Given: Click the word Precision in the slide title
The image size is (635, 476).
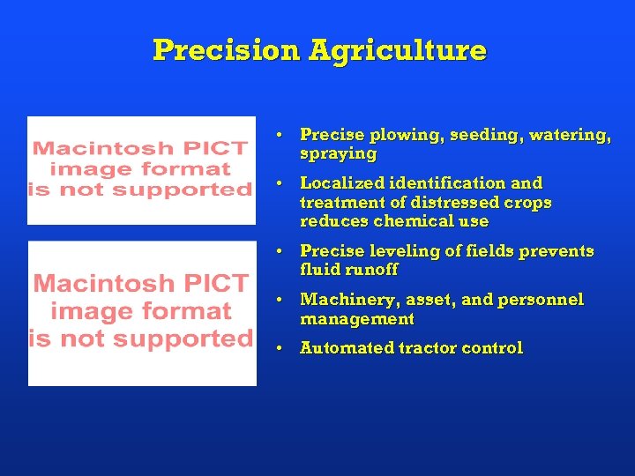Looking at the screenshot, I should click(x=227, y=50).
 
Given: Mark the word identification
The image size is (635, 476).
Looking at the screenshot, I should click(x=450, y=183).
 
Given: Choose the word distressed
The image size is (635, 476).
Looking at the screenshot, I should click(x=442, y=203).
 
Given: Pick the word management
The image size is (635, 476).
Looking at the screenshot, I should click(x=357, y=318).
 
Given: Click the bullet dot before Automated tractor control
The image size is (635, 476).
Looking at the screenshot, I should click(x=278, y=349).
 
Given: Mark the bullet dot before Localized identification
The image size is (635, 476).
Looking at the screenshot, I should click(x=278, y=184).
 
